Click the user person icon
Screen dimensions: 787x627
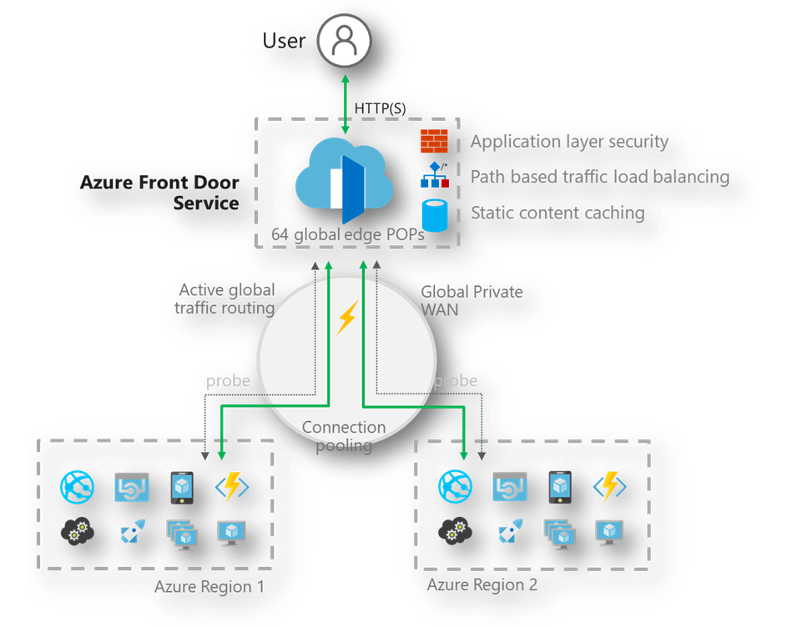[345, 41]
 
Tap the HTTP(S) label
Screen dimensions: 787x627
[380, 108]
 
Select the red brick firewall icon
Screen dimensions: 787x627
[434, 141]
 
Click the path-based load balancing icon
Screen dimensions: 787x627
[435, 175]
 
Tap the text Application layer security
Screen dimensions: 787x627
[569, 142]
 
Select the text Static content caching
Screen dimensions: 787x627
[557, 213]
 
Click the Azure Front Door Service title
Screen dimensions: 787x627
[159, 193]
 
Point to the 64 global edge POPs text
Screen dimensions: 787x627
[348, 235]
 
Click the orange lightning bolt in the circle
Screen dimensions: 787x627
[347, 318]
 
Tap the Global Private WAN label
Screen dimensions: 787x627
[472, 301]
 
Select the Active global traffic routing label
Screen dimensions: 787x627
[224, 299]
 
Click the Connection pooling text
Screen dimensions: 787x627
[344, 436]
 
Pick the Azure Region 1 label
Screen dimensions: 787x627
[209, 587]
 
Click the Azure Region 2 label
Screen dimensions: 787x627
[482, 584]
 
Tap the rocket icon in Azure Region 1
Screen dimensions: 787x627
[133, 530]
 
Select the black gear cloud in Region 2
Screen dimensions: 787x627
[455, 532]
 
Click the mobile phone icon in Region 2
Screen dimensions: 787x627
[560, 487]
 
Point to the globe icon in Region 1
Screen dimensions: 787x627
[77, 487]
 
